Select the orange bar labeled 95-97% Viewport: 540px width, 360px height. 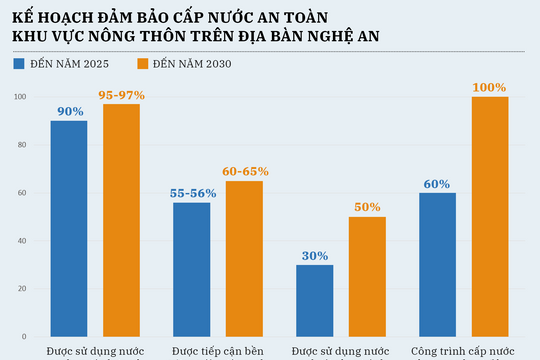[x=122, y=220]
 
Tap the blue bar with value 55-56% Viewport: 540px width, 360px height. [x=191, y=269]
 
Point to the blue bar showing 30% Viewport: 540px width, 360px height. [x=314, y=300]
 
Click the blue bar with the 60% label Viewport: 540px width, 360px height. [x=437, y=264]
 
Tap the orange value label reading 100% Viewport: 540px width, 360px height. [x=490, y=88]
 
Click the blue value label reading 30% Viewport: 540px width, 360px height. [x=314, y=256]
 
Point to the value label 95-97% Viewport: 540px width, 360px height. [x=122, y=95]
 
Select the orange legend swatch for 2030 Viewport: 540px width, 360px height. [x=141, y=64]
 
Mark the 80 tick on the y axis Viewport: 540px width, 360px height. [x=20, y=145]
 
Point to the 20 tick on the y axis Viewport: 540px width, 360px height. [x=20, y=289]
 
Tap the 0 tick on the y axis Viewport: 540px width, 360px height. [x=23, y=337]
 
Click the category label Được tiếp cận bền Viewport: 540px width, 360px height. [x=218, y=352]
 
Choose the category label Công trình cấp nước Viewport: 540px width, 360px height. [x=463, y=352]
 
